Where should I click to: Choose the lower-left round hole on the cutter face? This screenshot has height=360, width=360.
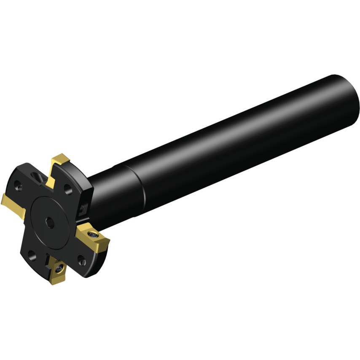pos(31,254)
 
